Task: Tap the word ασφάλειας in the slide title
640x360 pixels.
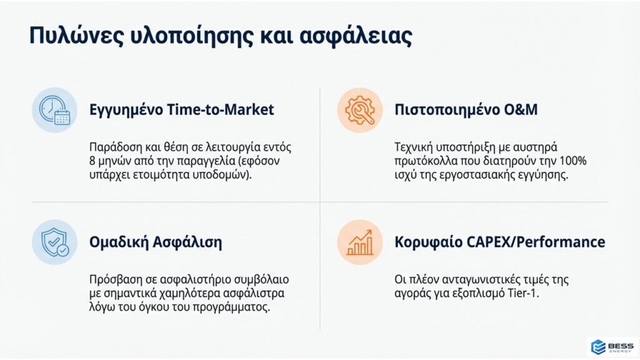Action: point(356,36)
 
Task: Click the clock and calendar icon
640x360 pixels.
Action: point(55,110)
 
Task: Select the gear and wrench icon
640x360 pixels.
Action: point(359,110)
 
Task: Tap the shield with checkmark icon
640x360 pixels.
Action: point(55,242)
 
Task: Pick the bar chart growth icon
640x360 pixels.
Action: point(359,242)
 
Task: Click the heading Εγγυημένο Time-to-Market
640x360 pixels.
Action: point(182,110)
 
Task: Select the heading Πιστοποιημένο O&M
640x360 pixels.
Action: point(466,110)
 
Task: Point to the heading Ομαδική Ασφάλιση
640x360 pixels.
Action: point(156,242)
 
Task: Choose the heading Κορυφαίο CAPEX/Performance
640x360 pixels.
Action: point(499,242)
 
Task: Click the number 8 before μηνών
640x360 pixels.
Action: point(92,161)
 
